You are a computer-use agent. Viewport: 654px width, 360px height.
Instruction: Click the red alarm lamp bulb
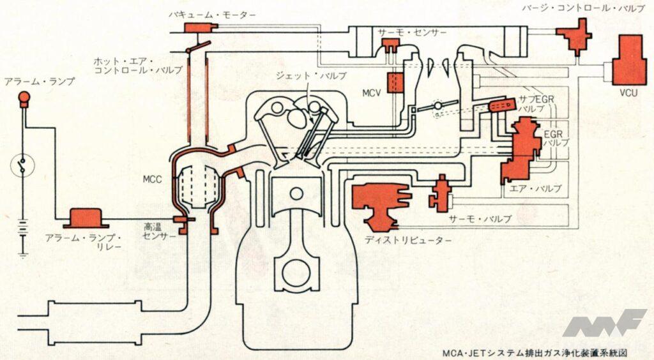(24, 98)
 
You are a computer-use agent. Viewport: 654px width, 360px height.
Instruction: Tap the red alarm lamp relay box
(84, 218)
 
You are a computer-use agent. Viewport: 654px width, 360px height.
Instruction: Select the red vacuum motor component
(198, 29)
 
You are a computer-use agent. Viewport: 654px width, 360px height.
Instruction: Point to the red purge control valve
(577, 36)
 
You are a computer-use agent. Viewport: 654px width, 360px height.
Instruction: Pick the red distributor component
(377, 203)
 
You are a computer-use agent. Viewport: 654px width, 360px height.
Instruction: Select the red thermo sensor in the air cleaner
(390, 45)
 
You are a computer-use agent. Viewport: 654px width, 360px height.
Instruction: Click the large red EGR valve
(521, 150)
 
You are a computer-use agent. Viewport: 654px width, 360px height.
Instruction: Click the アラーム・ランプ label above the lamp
(40, 82)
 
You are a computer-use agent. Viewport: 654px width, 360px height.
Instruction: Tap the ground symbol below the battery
(24, 255)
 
